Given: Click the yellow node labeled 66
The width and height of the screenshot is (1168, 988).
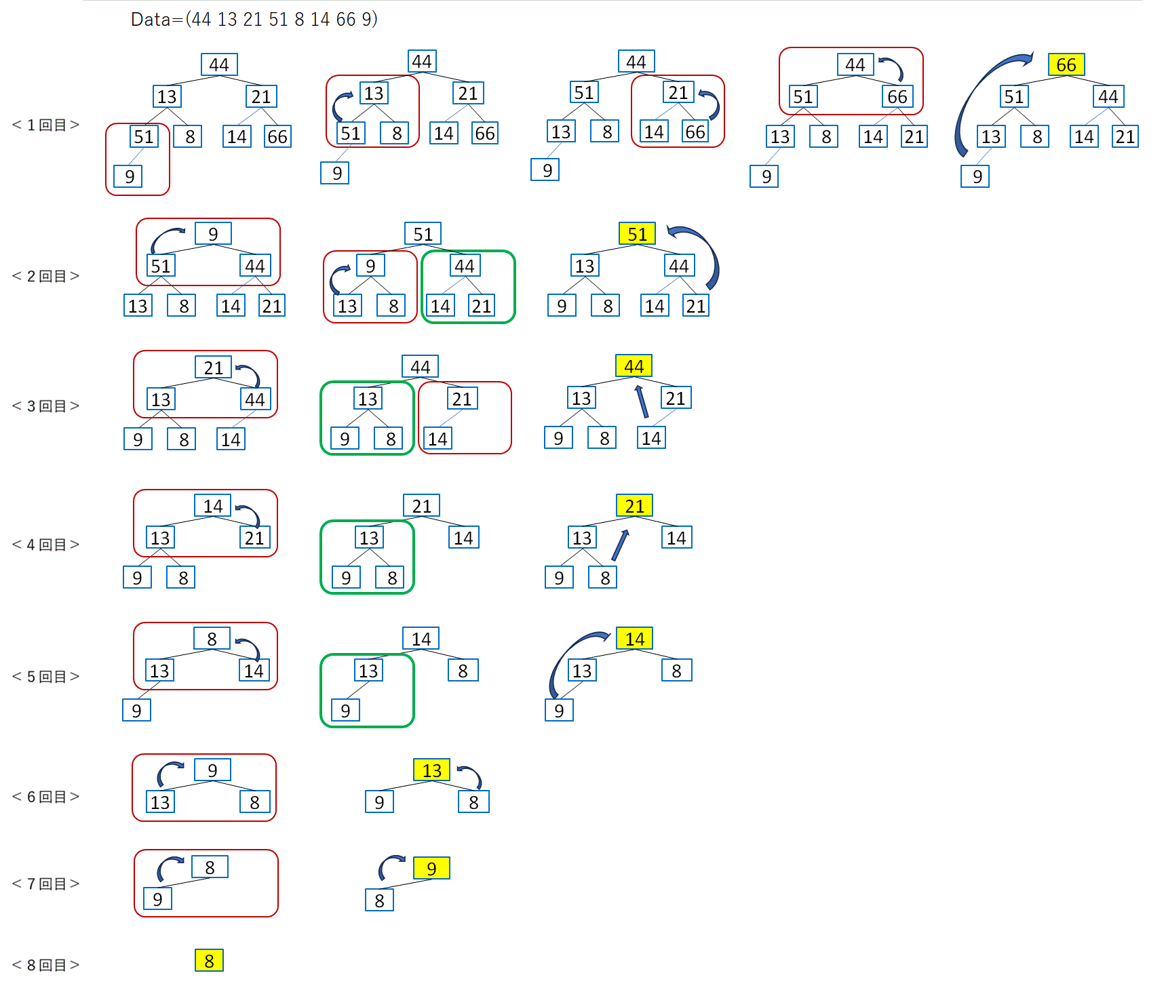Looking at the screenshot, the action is [1066, 64].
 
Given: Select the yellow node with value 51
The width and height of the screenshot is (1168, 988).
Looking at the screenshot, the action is [637, 234].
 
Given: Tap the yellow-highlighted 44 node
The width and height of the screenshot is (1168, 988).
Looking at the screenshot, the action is [634, 366].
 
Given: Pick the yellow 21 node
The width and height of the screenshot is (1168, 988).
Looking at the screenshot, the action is [634, 506].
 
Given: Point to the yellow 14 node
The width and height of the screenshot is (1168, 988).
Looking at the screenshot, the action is [634, 639].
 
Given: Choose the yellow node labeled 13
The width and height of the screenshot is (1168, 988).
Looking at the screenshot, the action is [431, 770].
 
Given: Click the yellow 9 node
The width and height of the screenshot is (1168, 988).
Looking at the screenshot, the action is [431, 868].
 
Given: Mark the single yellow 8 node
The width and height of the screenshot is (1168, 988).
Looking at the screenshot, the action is [209, 961].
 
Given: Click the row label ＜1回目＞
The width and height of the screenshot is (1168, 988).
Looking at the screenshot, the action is [46, 125].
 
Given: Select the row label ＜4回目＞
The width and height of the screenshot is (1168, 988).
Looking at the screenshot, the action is [46, 545].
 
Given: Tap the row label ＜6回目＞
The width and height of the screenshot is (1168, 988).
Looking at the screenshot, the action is [46, 797].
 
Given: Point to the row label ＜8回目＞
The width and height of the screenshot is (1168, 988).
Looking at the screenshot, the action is [46, 965].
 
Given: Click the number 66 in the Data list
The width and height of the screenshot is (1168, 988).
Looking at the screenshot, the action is [346, 20].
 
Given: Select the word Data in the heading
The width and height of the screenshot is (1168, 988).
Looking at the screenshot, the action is [151, 20].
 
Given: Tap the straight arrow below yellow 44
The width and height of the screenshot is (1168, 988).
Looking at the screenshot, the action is [641, 401].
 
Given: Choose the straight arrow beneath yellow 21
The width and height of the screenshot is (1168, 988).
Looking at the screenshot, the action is [620, 545].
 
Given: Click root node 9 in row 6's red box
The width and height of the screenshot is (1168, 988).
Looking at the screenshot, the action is [212, 770].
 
